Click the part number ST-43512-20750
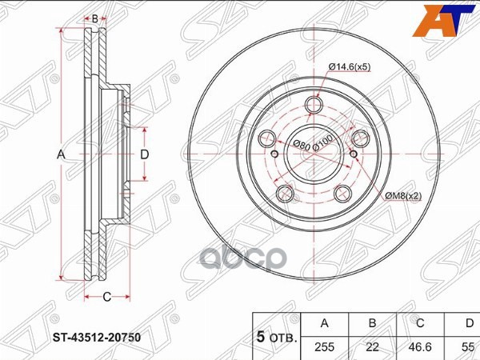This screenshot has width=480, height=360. click(x=97, y=338)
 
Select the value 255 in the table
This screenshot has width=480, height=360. click(x=325, y=347)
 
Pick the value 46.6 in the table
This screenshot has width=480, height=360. click(x=419, y=347)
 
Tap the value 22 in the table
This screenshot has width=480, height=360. click(x=372, y=347)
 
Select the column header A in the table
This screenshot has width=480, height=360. click(x=325, y=323)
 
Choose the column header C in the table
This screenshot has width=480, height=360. click(x=419, y=323)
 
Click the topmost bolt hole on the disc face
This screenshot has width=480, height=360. click(x=314, y=104)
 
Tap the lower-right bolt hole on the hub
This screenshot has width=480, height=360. click(x=342, y=192)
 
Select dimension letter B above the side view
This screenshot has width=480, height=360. click(x=95, y=18)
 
